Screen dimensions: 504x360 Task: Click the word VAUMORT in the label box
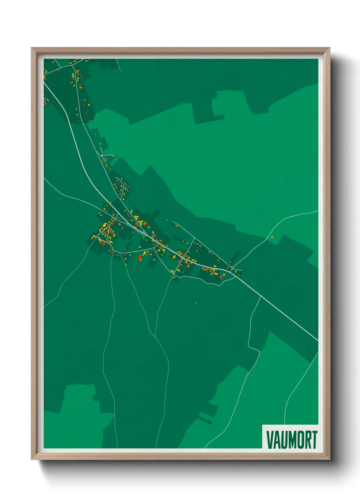click(x=292, y=440)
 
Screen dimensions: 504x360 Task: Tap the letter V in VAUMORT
click(x=269, y=440)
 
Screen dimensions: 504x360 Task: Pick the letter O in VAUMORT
click(x=298, y=440)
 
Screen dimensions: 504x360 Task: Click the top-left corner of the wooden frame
click(x=32, y=48)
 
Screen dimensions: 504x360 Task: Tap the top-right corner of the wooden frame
click(x=329, y=48)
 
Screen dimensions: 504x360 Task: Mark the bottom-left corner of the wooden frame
click(x=32, y=459)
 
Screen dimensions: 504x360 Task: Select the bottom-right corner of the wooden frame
click(x=329, y=459)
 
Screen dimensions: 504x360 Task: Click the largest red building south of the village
click(x=140, y=257)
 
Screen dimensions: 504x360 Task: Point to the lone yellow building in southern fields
click(x=196, y=303)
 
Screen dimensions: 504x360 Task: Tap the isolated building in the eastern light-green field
click(x=272, y=237)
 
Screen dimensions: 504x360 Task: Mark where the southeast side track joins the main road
click(x=261, y=296)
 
